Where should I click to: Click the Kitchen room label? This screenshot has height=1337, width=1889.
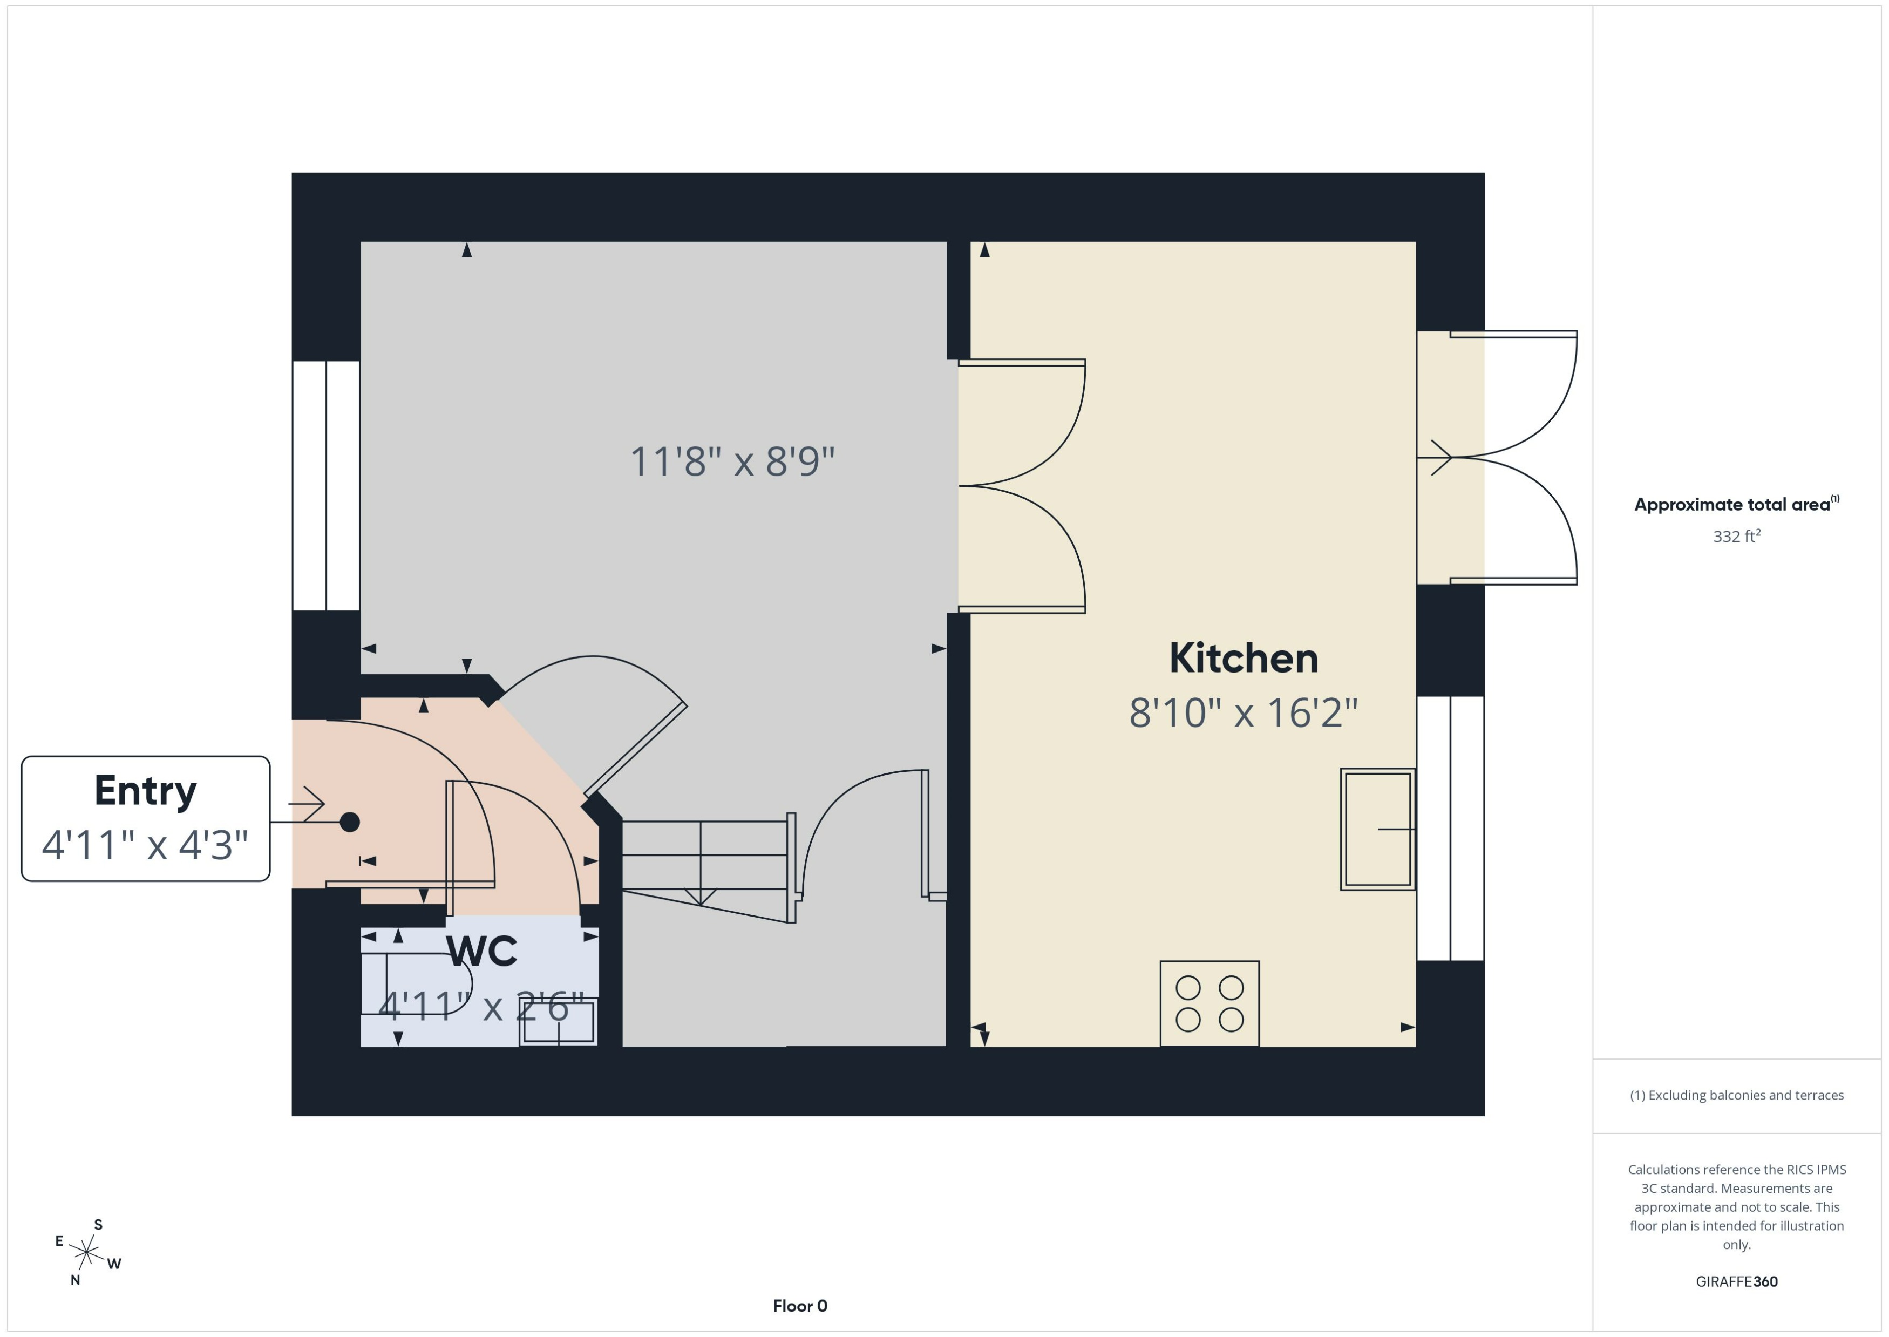pos(1243,659)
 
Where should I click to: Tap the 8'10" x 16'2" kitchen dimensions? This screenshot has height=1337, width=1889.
pos(1243,713)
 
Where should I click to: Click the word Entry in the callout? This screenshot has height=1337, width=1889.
pos(146,791)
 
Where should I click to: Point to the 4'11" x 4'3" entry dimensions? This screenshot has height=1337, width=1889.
pos(146,845)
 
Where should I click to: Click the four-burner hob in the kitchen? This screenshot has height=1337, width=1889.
pos(1209,1003)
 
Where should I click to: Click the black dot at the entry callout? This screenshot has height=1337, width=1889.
pos(350,822)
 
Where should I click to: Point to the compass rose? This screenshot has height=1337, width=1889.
pos(86,1253)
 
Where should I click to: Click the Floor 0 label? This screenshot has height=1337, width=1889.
pos(800,1306)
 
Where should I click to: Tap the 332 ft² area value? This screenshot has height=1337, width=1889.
pos(1737,537)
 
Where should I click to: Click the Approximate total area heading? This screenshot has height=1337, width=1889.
pos(1736,505)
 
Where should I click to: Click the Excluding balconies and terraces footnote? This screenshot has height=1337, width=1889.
pos(1737,1095)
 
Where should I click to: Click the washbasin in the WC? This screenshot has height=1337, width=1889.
pos(558,1022)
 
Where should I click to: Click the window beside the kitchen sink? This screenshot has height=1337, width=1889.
pos(1450,828)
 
